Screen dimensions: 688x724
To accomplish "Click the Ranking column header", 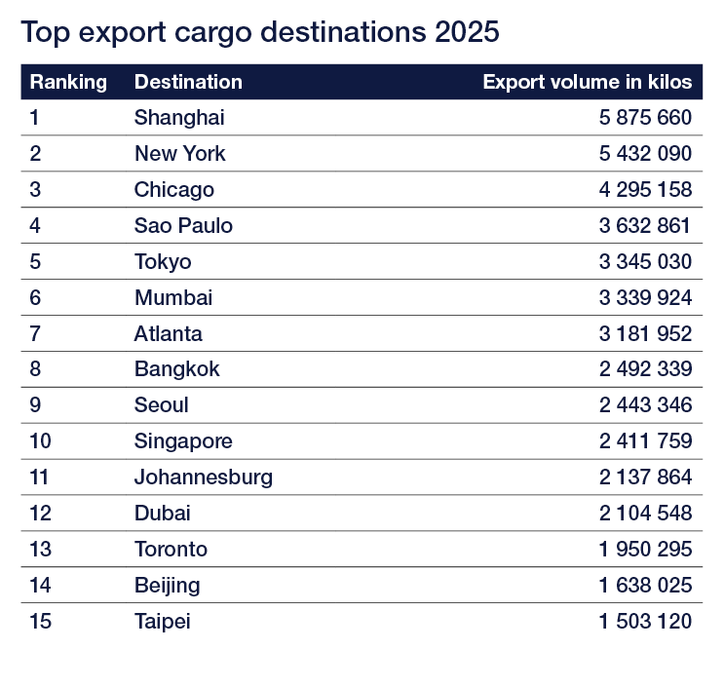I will coord(68,82).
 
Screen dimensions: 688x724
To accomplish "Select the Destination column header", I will coord(188,82).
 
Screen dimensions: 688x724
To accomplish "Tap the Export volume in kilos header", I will coord(587,82).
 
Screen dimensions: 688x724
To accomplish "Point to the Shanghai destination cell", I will coord(179,118).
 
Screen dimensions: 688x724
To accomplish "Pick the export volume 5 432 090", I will coord(645,154).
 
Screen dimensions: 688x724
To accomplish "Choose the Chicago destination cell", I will coord(174,190).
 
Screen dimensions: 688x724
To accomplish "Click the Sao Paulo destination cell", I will coord(183,226).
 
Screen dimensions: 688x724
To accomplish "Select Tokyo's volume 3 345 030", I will coord(645,262).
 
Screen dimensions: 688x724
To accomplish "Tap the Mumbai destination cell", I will coord(173,298).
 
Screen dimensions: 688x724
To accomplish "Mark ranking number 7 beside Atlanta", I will coord(35,334).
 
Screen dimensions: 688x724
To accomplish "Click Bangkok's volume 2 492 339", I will coord(645,369).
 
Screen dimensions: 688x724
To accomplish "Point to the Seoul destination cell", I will coord(162,405).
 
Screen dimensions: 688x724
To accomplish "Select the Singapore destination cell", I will coord(183,441).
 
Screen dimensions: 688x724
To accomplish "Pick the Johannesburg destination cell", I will coord(204,478).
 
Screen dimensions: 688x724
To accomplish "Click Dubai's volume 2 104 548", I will coord(645,514).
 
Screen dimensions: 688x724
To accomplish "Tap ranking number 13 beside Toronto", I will coord(40,550).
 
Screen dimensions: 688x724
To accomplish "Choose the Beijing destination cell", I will coord(168,586).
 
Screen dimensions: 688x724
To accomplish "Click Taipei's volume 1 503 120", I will coord(645,622).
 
